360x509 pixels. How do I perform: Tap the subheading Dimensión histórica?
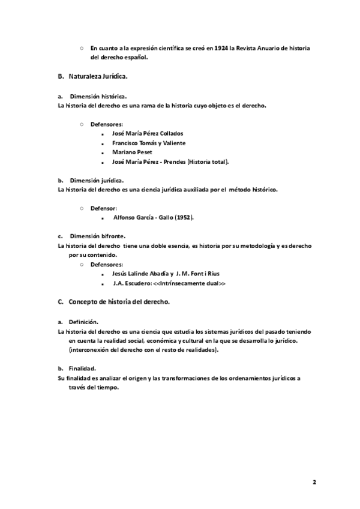point(98,96)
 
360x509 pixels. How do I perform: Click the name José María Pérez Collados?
point(148,133)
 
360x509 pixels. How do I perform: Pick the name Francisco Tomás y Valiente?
point(149,143)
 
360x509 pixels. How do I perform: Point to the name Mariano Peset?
point(132,152)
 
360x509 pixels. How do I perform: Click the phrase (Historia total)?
point(208,162)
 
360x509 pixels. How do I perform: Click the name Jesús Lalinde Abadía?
point(142,273)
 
